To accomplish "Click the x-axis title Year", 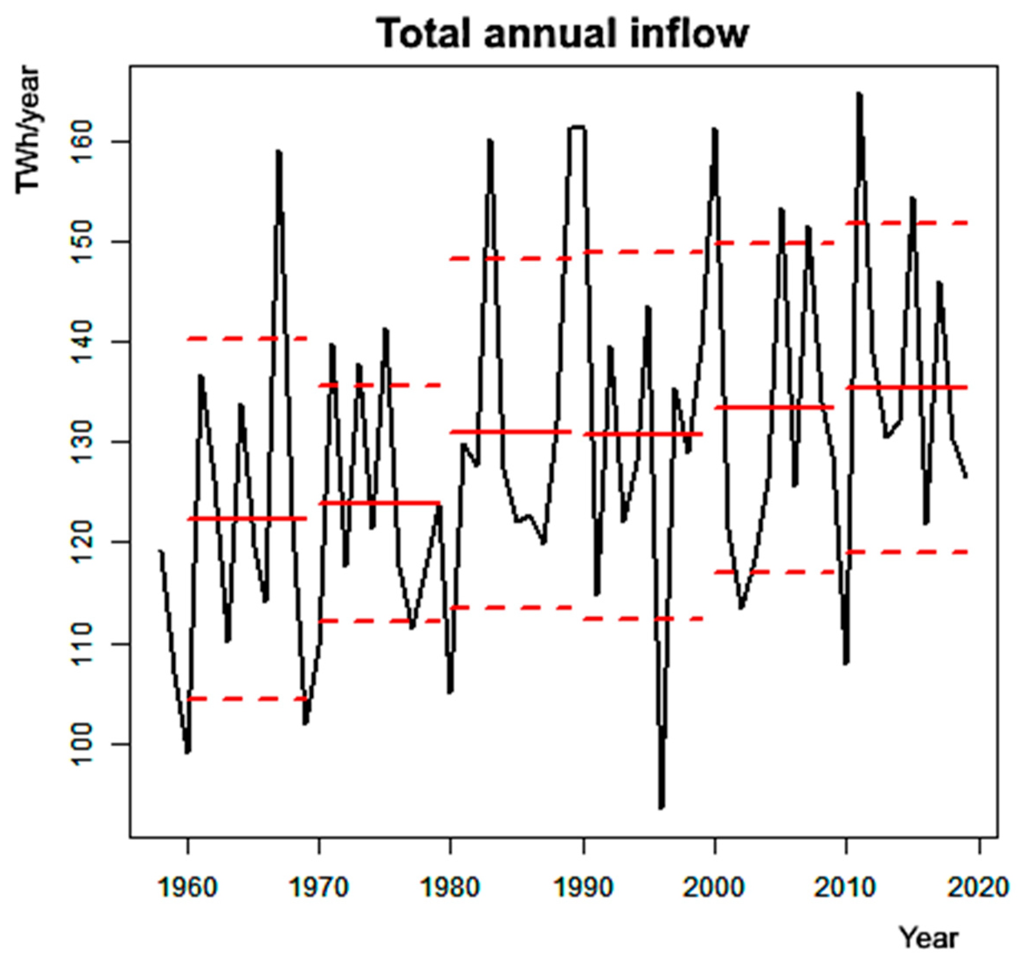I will click(x=929, y=938).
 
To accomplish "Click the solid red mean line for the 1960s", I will click(x=247, y=519).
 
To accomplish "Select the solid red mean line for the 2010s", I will click(x=907, y=387).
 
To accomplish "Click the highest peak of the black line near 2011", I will click(x=859, y=95).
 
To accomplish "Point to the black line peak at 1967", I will click(x=279, y=152).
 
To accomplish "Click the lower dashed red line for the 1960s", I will click(x=247, y=699).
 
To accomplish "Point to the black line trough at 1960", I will click(x=188, y=752).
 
